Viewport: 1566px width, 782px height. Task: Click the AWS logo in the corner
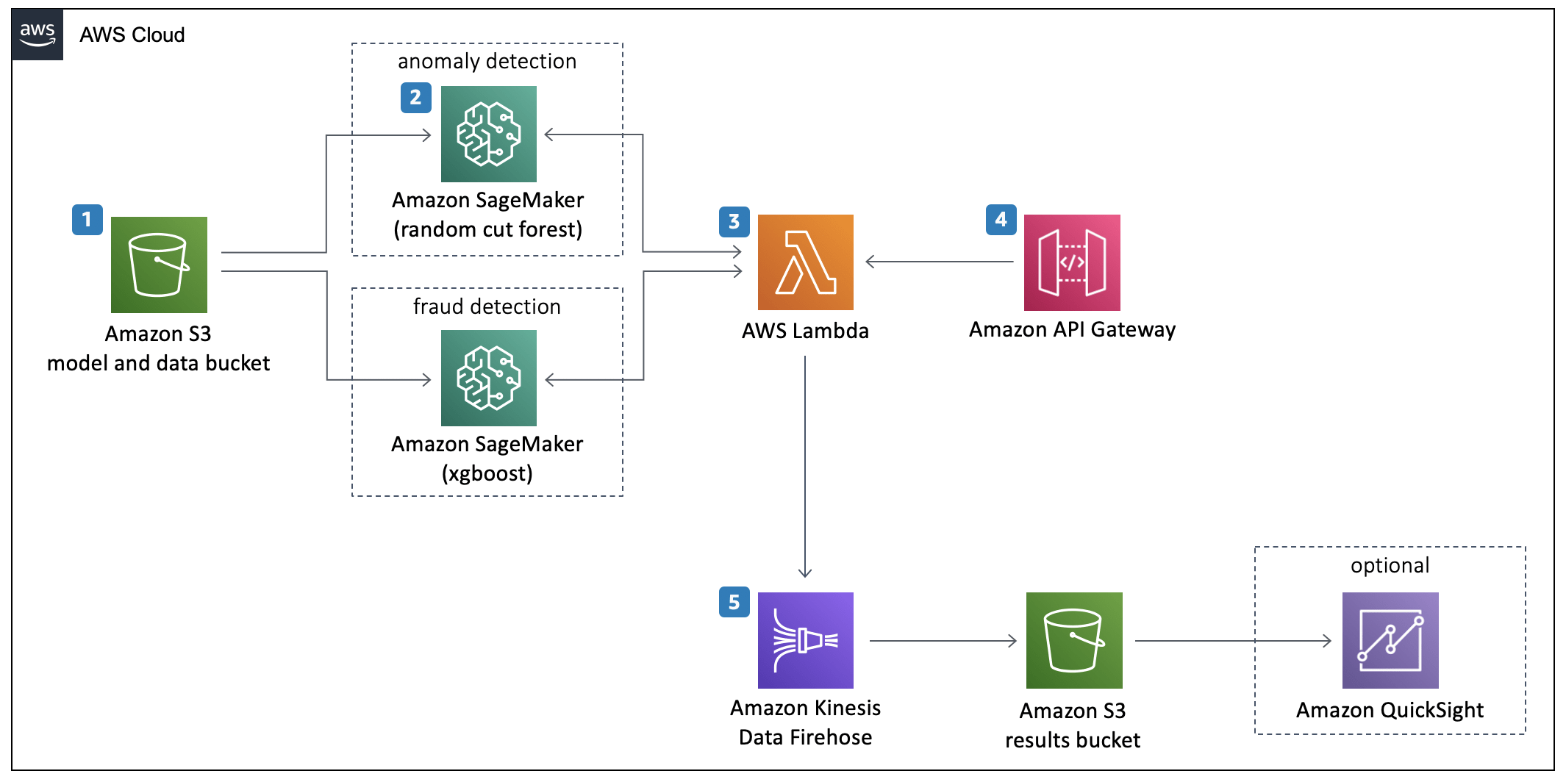pos(37,35)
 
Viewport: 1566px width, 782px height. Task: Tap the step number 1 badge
pos(87,220)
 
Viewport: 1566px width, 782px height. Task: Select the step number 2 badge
pos(415,98)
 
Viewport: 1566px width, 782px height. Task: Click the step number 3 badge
pos(734,222)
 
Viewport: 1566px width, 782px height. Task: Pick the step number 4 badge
pos(1001,220)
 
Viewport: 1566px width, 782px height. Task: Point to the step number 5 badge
pos(734,602)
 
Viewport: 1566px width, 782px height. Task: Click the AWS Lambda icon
pos(805,262)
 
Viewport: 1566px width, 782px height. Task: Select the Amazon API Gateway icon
pos(1072,262)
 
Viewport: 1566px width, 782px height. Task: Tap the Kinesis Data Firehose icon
pos(805,640)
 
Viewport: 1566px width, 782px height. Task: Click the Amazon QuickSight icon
pos(1390,640)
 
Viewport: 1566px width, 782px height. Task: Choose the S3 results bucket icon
pos(1073,640)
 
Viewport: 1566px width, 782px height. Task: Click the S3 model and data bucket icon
pos(159,265)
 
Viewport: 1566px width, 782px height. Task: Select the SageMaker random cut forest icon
pos(488,134)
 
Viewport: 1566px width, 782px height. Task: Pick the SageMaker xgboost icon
pos(488,378)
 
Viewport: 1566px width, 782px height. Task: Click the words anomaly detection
pos(487,61)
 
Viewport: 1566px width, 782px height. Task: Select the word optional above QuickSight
pos(1390,565)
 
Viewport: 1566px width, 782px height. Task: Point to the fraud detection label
pos(487,306)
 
